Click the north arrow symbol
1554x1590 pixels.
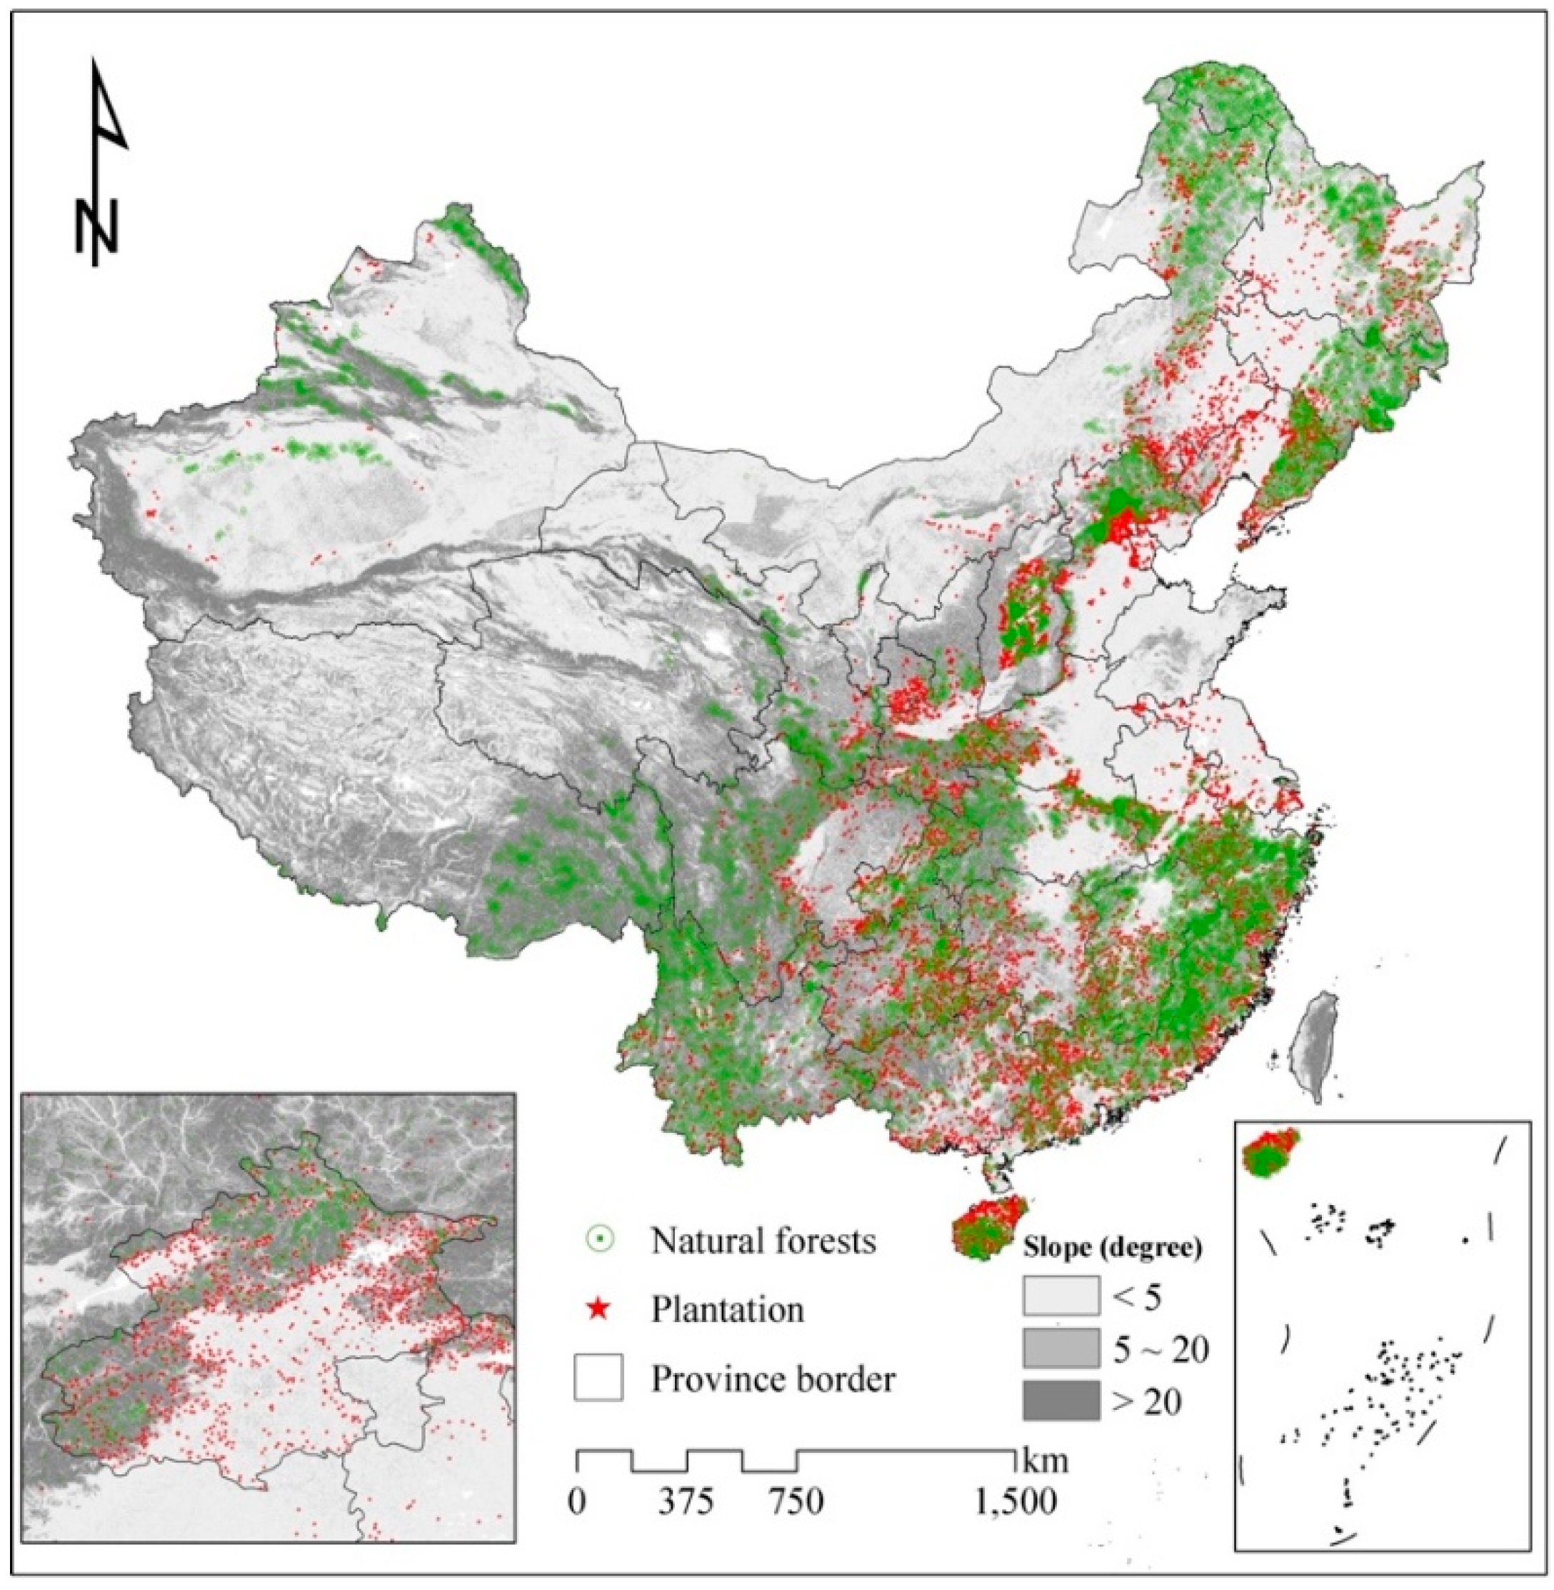click(102, 164)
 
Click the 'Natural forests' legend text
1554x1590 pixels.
click(763, 1241)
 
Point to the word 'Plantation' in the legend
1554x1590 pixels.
click(727, 1310)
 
